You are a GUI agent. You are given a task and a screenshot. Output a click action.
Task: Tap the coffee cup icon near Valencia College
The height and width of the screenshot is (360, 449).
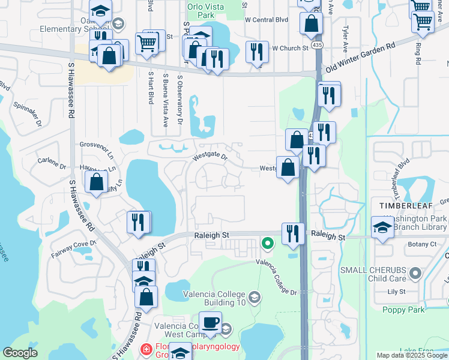210,323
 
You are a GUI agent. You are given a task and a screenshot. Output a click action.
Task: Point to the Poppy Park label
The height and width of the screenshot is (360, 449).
403,310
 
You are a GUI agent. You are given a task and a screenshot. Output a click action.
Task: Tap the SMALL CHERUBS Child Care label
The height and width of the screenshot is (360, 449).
373,275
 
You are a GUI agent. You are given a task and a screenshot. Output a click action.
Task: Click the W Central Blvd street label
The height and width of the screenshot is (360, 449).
267,19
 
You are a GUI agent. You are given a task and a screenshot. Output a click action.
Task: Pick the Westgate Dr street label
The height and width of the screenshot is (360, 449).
210,158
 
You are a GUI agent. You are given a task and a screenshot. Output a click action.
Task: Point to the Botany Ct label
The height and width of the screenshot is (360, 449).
422,244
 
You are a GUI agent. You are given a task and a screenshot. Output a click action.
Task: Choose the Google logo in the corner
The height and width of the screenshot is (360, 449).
20,353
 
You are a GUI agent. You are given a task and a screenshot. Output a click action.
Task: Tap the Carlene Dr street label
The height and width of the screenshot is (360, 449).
52,163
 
